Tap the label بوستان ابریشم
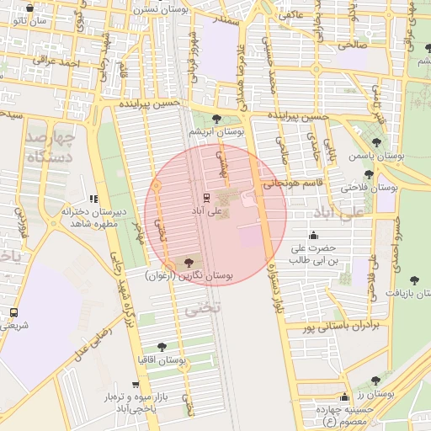click(216, 131)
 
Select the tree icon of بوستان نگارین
click(188, 263)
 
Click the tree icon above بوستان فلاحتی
click(369, 174)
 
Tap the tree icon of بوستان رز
click(386, 380)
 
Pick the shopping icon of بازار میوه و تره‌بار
click(134, 382)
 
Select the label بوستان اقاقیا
click(162, 359)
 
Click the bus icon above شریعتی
click(13, 311)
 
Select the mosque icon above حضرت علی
click(314, 235)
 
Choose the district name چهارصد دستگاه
click(51, 146)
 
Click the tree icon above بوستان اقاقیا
click(162, 346)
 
